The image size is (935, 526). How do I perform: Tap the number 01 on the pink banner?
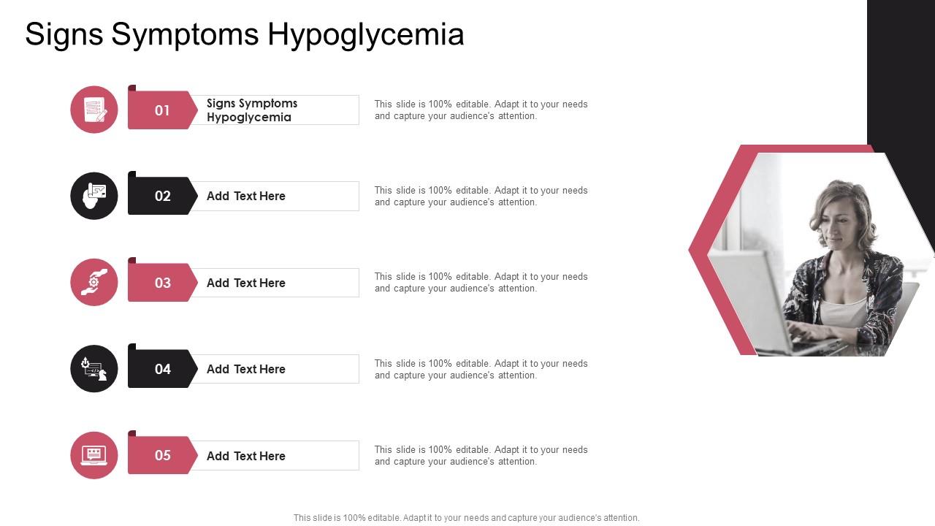(162, 110)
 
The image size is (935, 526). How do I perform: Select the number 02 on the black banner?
(162, 196)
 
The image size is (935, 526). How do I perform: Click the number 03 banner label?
(162, 283)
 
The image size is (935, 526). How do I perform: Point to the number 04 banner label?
(162, 369)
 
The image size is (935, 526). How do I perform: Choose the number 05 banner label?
(162, 455)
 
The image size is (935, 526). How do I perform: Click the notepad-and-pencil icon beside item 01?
(94, 110)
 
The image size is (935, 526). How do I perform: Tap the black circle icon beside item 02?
(94, 196)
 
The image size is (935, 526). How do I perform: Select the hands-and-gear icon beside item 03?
(94, 282)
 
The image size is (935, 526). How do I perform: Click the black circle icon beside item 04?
(94, 368)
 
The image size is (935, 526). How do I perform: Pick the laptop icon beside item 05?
(94, 455)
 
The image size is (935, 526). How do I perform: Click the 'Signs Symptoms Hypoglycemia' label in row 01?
(252, 110)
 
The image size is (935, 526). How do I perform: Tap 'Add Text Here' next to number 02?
(245, 196)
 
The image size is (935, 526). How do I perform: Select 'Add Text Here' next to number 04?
(245, 369)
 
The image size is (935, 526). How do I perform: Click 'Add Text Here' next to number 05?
(245, 456)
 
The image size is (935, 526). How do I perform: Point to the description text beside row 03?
(481, 283)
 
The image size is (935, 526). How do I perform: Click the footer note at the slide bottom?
(466, 518)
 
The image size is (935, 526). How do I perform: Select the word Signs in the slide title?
(64, 35)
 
